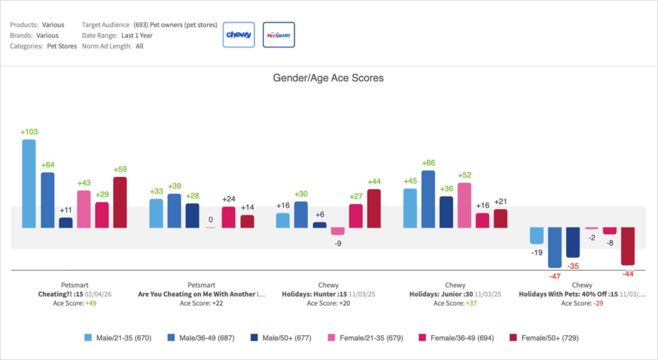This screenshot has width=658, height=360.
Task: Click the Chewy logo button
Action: click(x=239, y=35)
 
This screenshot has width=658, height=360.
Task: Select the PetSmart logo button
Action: click(x=279, y=35)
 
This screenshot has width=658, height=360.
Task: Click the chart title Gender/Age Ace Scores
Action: click(x=328, y=78)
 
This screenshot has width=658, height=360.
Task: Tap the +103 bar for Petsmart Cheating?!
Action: click(x=29, y=183)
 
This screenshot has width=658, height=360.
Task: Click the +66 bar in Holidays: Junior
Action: click(x=429, y=199)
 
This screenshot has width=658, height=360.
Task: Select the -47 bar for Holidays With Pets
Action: click(x=555, y=247)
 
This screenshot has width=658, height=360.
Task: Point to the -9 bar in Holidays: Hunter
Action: click(x=337, y=231)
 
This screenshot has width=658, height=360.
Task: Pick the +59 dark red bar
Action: click(x=120, y=202)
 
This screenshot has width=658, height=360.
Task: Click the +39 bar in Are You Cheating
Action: click(x=174, y=210)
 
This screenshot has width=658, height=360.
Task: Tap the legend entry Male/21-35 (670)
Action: click(x=118, y=337)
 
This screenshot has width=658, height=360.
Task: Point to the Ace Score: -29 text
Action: click(x=582, y=303)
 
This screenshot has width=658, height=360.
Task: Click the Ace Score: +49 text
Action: click(x=75, y=303)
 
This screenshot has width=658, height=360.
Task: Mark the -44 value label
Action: click(x=627, y=274)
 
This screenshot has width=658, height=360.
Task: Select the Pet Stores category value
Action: click(x=62, y=46)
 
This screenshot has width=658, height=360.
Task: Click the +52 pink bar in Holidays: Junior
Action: click(x=465, y=204)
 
